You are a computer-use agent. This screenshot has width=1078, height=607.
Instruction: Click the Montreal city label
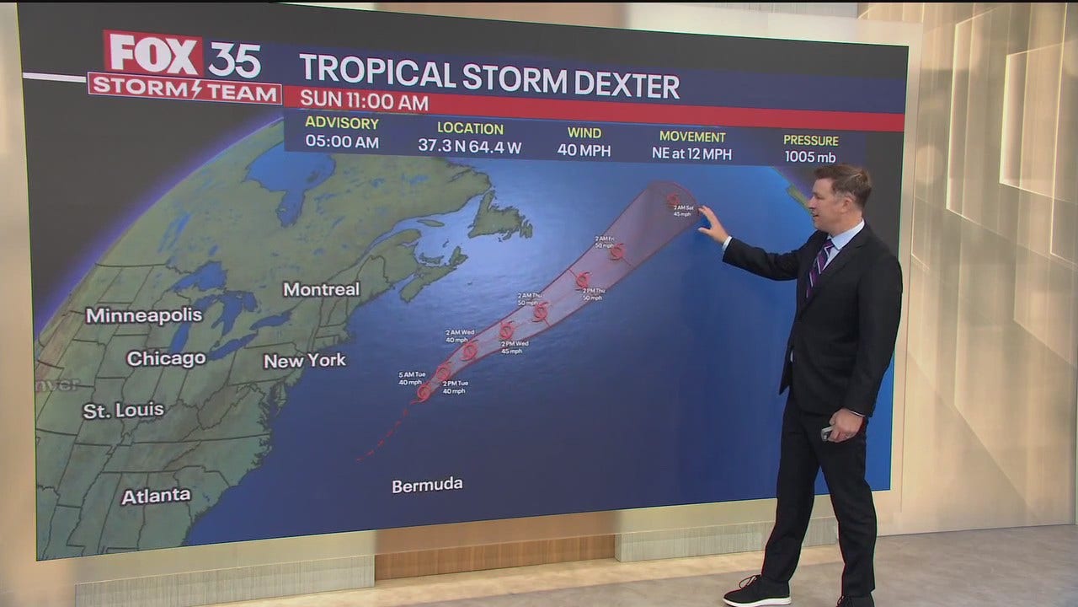pyautogui.click(x=321, y=289)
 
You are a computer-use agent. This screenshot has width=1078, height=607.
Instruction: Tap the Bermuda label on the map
pyautogui.click(x=427, y=485)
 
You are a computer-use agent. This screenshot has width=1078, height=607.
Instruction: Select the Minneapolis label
pyautogui.click(x=144, y=315)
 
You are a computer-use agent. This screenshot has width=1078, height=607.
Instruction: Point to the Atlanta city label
pyautogui.click(x=156, y=497)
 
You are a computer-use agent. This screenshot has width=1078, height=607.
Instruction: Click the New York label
pyautogui.click(x=305, y=361)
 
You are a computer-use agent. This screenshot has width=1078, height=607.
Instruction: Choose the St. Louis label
pyautogui.click(x=123, y=411)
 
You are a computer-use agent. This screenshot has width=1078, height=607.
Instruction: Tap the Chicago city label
pyautogui.click(x=166, y=358)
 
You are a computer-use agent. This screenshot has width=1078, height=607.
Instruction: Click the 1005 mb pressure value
pyautogui.click(x=810, y=156)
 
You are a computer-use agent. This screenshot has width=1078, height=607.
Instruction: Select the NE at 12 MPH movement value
pyautogui.click(x=692, y=153)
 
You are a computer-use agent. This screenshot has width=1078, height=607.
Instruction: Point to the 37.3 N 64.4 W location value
pyautogui.click(x=470, y=146)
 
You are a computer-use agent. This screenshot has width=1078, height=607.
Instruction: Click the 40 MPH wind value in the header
pyautogui.click(x=584, y=150)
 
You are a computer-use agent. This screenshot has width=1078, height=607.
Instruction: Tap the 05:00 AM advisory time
pyautogui.click(x=342, y=142)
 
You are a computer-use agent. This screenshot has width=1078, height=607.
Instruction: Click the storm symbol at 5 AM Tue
pyautogui.click(x=424, y=392)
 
